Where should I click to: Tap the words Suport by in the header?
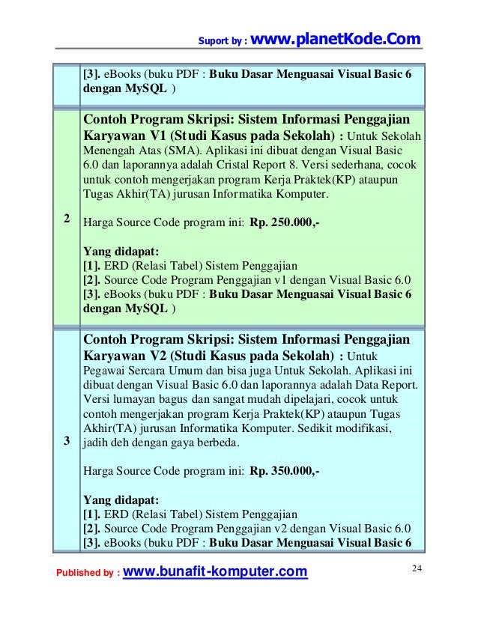click(x=219, y=40)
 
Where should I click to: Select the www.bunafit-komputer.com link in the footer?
click(x=214, y=573)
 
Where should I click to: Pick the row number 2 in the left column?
click(x=67, y=219)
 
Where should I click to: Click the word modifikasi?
click(x=363, y=428)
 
